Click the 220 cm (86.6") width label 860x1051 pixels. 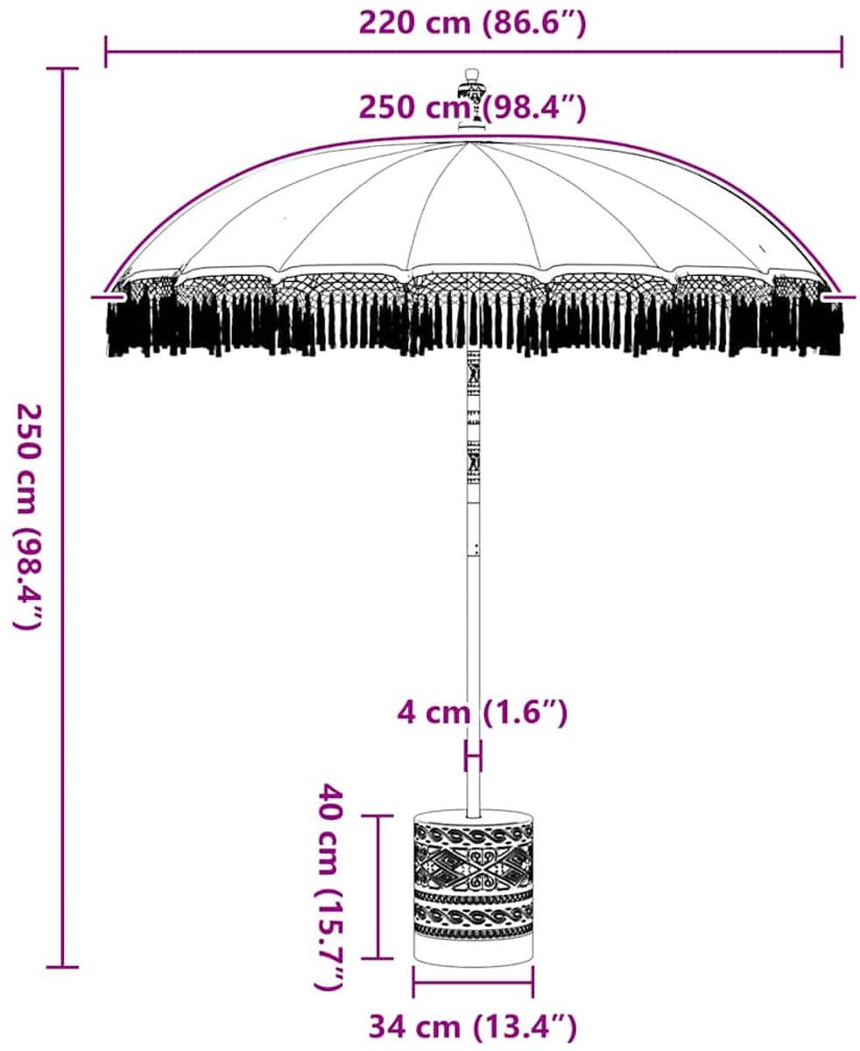(x=472, y=24)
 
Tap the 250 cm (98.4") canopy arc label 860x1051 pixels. (x=472, y=107)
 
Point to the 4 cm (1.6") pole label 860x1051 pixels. (x=482, y=713)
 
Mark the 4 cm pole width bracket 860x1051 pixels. (x=473, y=756)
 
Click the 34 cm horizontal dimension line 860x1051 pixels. (x=473, y=983)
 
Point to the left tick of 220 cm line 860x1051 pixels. (x=106, y=52)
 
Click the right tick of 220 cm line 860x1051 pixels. (x=842, y=52)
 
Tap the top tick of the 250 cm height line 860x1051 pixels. (x=62, y=69)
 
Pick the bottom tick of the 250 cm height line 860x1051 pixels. (x=62, y=967)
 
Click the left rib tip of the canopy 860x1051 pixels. (x=108, y=298)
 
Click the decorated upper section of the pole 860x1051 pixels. (x=473, y=425)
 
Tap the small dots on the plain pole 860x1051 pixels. (x=476, y=550)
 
